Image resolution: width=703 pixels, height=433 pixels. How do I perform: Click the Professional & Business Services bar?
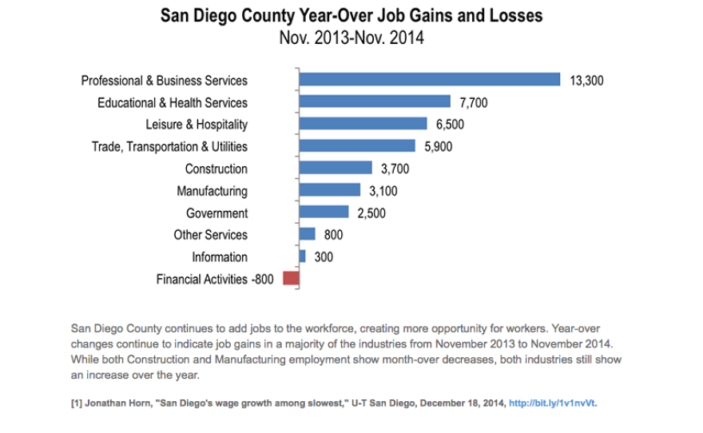coord(429,79)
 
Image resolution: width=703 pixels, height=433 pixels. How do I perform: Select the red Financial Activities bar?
coord(291,278)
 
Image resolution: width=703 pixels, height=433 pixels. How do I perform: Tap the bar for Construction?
coord(336,168)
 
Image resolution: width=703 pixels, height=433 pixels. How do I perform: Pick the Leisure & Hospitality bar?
coord(363,124)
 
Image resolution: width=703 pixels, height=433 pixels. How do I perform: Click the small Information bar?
coord(302,256)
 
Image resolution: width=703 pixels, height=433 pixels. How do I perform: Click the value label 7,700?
coord(473,102)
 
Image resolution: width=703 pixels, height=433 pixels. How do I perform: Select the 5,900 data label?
coord(439,146)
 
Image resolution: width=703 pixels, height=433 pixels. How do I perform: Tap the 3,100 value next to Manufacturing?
coord(383,191)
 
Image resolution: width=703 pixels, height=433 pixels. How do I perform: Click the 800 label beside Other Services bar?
coord(333,235)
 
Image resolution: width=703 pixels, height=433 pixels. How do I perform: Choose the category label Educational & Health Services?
coord(173,102)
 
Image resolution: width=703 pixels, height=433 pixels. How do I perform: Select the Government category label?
coord(216,213)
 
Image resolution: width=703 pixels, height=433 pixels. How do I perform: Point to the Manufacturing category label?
coord(212,191)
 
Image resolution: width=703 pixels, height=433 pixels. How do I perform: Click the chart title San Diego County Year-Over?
coord(351,15)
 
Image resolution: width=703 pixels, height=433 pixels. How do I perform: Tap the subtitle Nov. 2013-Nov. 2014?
coord(351,37)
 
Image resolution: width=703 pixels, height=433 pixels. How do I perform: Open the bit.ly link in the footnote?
coord(552,403)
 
